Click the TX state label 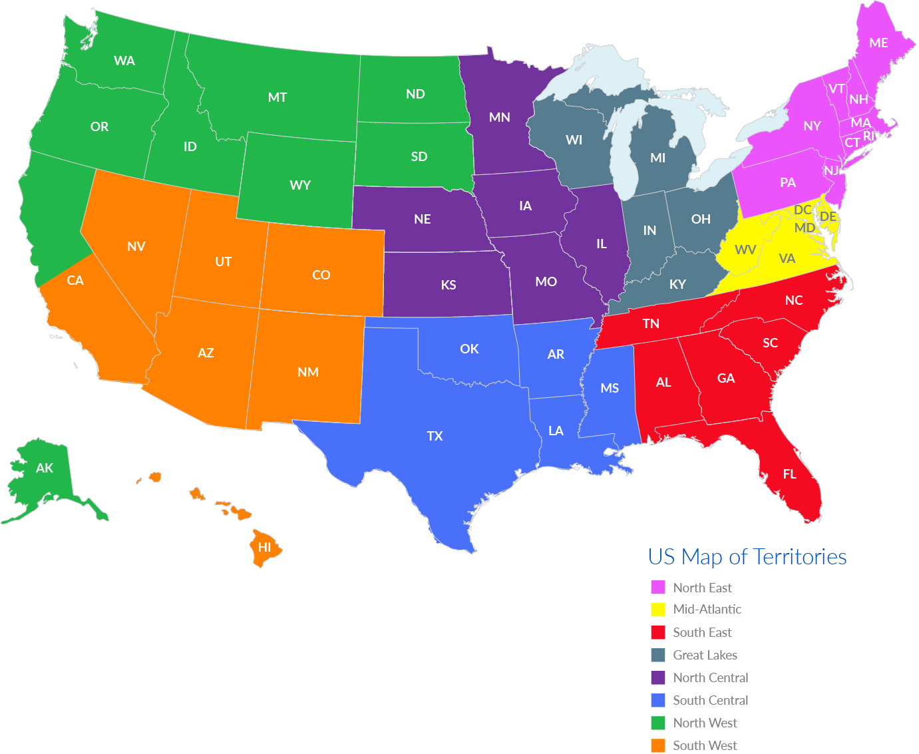click(435, 436)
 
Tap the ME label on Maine click(878, 43)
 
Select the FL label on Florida click(789, 474)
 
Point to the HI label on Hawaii click(264, 547)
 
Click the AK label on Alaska click(45, 468)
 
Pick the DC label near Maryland click(803, 210)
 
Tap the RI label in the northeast click(868, 136)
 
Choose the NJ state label click(831, 170)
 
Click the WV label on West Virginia click(745, 250)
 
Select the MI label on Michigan click(657, 158)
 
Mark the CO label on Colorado click(321, 275)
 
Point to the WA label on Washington click(124, 61)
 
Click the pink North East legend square click(658, 587)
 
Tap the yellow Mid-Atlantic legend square click(658, 609)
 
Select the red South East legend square click(658, 632)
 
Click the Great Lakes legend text click(705, 655)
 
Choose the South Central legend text click(710, 700)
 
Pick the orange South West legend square click(658, 745)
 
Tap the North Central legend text click(710, 677)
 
